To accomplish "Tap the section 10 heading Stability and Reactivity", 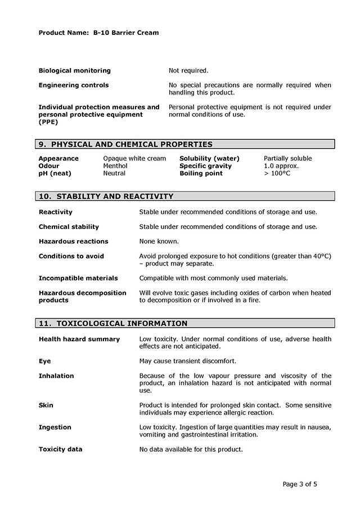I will coord(106,196).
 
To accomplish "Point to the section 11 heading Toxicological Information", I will coord(113,323).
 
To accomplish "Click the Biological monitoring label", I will coord(74,71).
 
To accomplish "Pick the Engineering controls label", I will coord(74,85).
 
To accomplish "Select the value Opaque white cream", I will coord(134,159).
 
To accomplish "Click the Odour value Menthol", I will coord(115,166).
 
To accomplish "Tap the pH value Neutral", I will coord(114,173).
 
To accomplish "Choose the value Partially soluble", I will coord(287,159).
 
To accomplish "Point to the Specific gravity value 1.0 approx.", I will coord(281,166).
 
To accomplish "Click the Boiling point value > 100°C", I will coord(277,173).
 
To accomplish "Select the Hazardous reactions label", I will coord(73,241).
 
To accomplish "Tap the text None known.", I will coord(159,241).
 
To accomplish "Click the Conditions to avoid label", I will coord(71,256).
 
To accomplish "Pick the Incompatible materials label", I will coord(78,278).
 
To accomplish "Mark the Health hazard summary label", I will coord(79,339).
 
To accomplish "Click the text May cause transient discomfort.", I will coord(187,361).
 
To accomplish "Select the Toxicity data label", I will coord(60,449).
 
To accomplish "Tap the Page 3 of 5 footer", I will coord(304,484).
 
